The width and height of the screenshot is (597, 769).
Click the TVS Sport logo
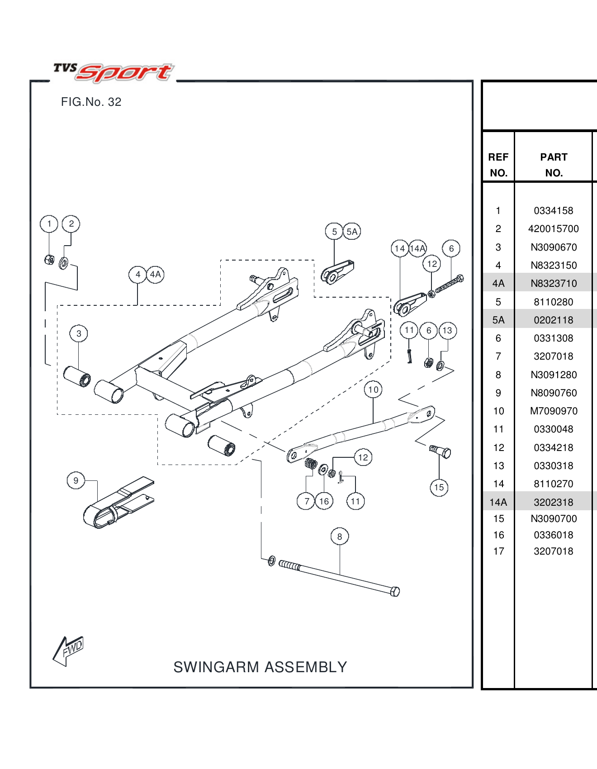(x=113, y=72)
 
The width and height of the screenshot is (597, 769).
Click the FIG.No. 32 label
(x=91, y=102)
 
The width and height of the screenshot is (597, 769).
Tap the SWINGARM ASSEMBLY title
(x=260, y=667)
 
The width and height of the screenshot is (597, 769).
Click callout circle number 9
(x=76, y=480)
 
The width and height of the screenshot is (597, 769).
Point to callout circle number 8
(x=340, y=536)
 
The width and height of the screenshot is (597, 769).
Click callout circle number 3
(x=79, y=333)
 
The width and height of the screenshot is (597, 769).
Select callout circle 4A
(x=155, y=275)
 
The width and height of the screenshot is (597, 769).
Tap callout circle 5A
(x=352, y=232)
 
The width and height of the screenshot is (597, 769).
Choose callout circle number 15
(x=439, y=487)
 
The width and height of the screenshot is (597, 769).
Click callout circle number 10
(x=373, y=389)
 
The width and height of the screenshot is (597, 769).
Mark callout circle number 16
(x=324, y=501)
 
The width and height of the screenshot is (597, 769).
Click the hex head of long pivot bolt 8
(x=394, y=591)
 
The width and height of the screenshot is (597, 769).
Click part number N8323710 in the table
(x=554, y=284)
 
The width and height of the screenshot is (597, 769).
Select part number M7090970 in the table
(x=554, y=411)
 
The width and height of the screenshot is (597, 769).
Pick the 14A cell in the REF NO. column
(x=498, y=502)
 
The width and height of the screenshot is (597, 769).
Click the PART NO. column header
(x=554, y=165)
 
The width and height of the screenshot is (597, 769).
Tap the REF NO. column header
(x=498, y=165)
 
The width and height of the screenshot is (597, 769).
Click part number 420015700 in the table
(x=554, y=229)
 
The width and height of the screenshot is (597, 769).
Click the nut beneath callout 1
(x=49, y=260)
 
